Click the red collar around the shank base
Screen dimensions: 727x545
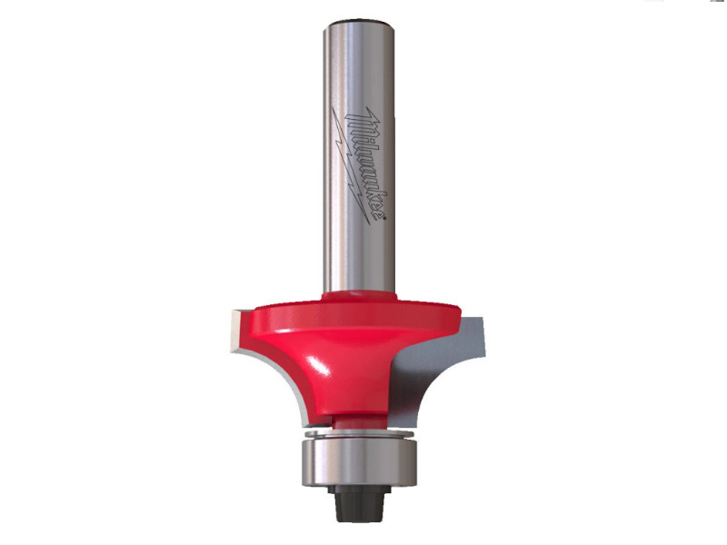[x=359, y=296]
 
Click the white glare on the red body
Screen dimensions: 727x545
[x=320, y=366]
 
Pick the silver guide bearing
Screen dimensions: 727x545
[x=359, y=461]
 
